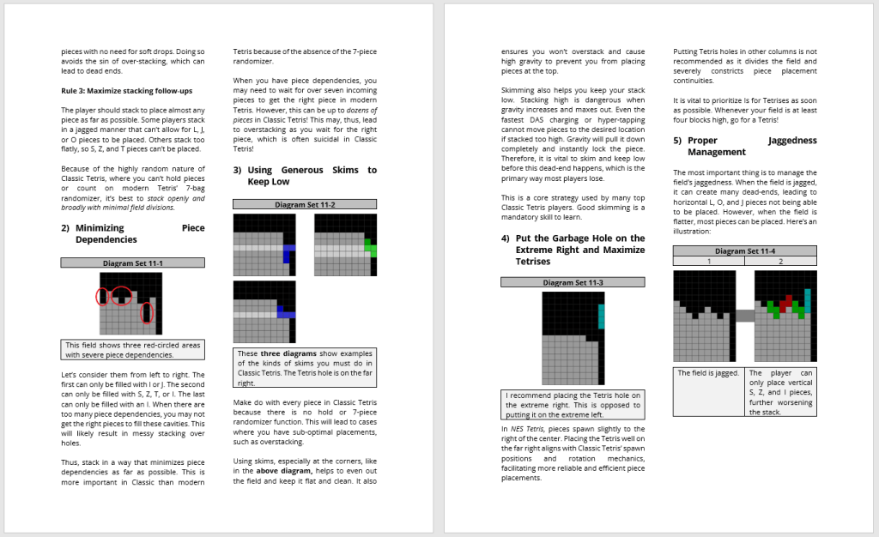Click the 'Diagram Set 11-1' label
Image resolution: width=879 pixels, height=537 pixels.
pos(132,263)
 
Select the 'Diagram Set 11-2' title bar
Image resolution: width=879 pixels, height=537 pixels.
pos(305,205)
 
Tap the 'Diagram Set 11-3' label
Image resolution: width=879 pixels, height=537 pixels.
pos(572,282)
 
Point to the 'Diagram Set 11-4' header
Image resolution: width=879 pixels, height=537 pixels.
pos(744,251)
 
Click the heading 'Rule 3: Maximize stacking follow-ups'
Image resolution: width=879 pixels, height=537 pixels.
pos(126,91)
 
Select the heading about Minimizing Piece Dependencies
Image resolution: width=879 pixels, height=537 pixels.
pos(132,233)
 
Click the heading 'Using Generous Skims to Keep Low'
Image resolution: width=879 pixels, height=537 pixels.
pos(305,176)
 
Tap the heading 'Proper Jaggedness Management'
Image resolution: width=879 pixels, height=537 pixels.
pos(744,146)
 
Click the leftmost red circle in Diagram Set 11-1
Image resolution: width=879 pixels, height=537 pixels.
pos(102,297)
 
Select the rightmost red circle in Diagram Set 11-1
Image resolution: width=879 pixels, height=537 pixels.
pos(147,313)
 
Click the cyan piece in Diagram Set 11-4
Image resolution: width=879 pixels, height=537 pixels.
pos(807,300)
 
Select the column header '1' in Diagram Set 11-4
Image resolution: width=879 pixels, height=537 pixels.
pos(708,261)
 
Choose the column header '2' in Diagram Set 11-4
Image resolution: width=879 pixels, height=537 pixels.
pos(780,261)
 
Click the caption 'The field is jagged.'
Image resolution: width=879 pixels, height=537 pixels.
pos(708,373)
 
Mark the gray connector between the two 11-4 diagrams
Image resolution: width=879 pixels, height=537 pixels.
pos(744,316)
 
